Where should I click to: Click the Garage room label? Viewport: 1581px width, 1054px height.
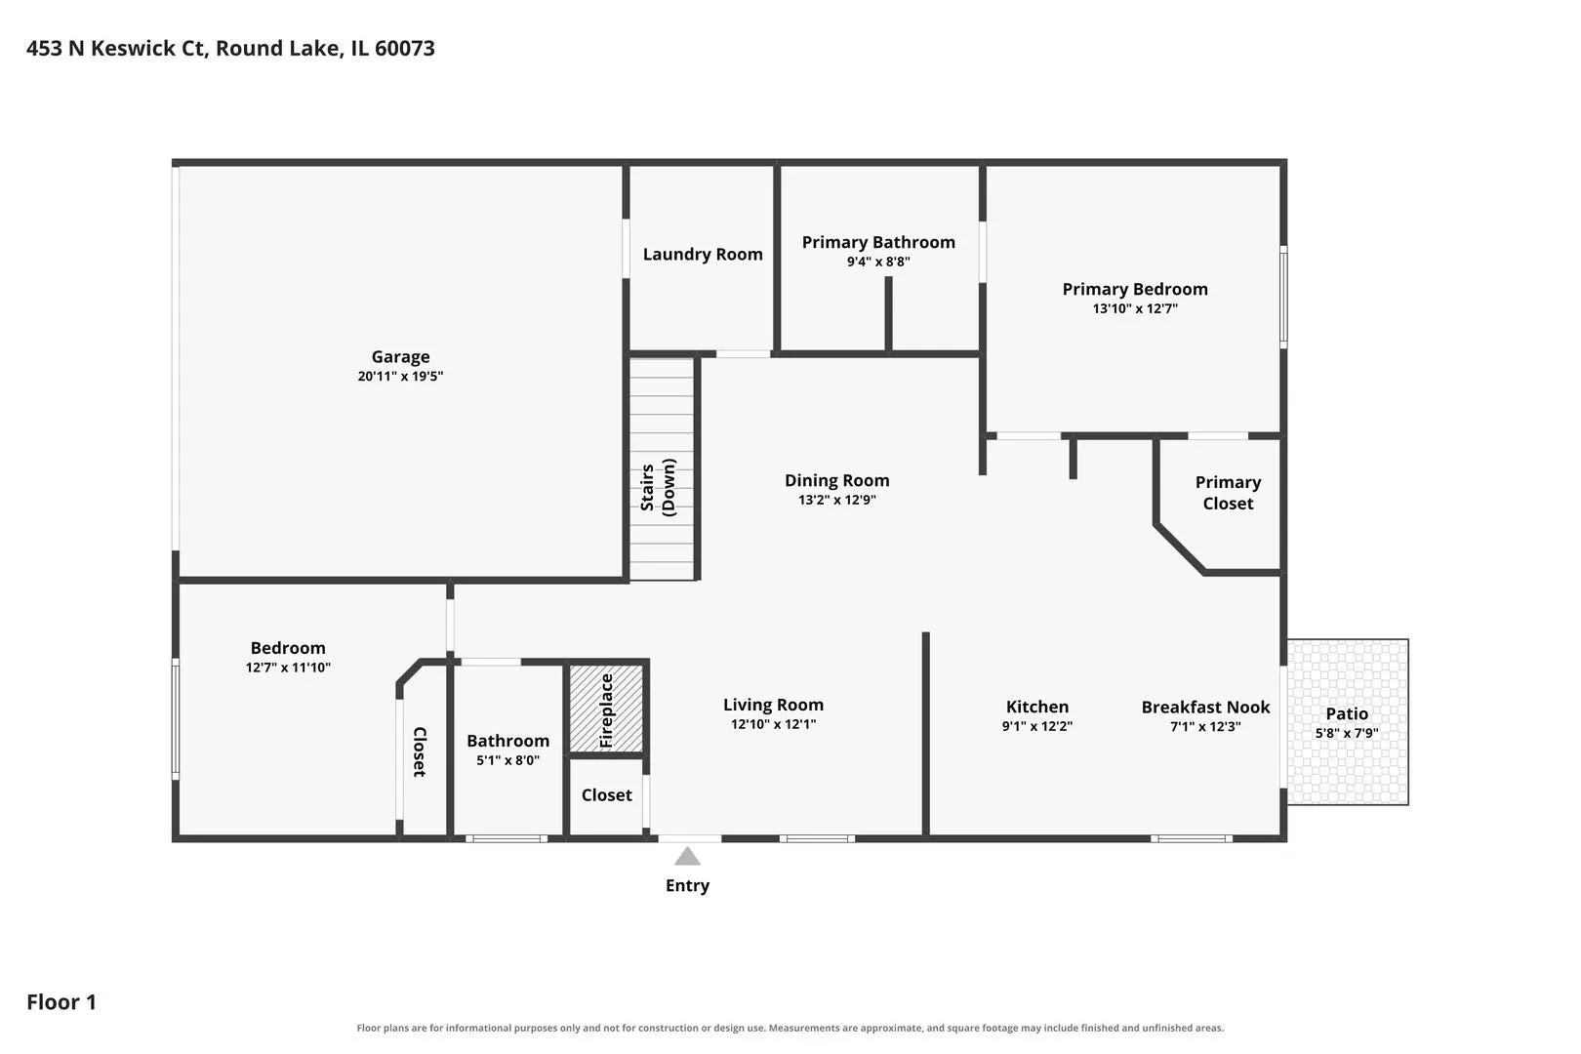pos(400,356)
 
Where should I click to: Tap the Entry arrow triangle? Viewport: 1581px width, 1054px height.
pos(687,857)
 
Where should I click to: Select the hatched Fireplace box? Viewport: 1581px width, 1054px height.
pos(606,709)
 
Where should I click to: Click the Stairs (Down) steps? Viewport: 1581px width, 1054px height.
pos(662,469)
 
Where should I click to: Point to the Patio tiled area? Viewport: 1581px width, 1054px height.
pos(1348,721)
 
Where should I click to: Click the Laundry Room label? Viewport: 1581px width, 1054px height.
pos(703,254)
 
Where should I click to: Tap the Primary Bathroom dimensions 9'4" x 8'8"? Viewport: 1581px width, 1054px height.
pos(878,262)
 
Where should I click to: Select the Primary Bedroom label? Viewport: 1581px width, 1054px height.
pos(1135,289)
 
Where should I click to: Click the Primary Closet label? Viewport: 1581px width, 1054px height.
pos(1228,493)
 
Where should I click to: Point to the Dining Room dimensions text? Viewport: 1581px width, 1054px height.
pos(837,500)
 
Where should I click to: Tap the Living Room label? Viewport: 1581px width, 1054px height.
pos(773,705)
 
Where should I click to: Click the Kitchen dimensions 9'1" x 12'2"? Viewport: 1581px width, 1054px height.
pos(1036,726)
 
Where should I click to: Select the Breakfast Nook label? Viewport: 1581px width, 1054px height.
pos(1205,707)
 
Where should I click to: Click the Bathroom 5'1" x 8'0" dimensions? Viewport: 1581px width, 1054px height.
pos(507,760)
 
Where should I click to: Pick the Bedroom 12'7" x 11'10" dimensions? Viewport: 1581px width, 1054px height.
pos(288,668)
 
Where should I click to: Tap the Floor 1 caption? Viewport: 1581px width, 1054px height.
pos(61,1001)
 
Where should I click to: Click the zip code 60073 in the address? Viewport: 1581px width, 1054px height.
pos(404,48)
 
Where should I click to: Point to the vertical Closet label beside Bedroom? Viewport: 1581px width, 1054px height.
pos(420,751)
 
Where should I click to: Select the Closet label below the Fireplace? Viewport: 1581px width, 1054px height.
pos(606,795)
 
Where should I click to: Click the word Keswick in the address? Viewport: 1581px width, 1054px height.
pos(138,48)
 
